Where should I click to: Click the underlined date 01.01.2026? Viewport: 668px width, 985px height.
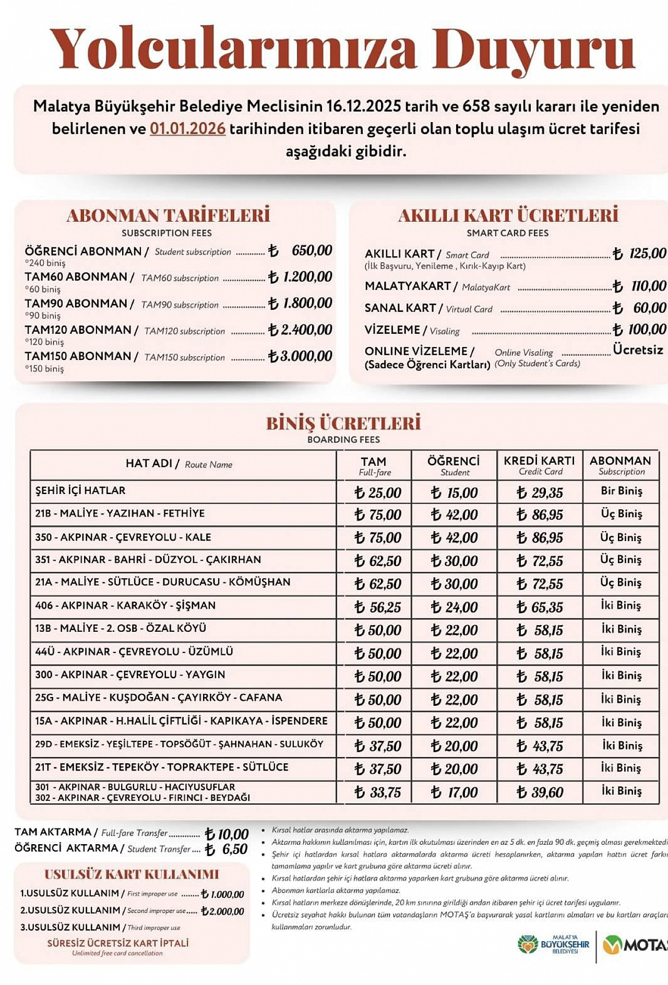pyautogui.click(x=187, y=129)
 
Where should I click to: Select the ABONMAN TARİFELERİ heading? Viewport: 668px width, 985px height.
pyautogui.click(x=168, y=215)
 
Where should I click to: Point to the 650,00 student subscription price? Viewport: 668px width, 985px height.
pyautogui.click(x=312, y=250)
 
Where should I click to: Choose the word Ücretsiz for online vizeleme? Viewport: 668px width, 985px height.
pyautogui.click(x=638, y=350)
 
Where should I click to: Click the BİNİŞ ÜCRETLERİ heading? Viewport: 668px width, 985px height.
pyautogui.click(x=343, y=423)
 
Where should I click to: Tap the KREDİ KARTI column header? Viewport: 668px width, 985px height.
pyautogui.click(x=539, y=465)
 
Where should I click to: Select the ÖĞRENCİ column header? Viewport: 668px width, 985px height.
pyautogui.click(x=454, y=465)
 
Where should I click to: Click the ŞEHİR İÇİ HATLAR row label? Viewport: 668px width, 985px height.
pyautogui.click(x=80, y=491)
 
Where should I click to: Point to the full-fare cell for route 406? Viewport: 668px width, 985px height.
pyautogui.click(x=377, y=607)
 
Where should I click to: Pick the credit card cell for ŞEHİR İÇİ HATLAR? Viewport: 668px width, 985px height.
pyautogui.click(x=540, y=492)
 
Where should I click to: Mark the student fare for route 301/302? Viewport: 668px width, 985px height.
pyautogui.click(x=454, y=792)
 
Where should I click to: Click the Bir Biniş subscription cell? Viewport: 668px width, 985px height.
pyautogui.click(x=621, y=491)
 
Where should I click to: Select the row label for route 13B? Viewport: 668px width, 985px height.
pyautogui.click(x=121, y=629)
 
